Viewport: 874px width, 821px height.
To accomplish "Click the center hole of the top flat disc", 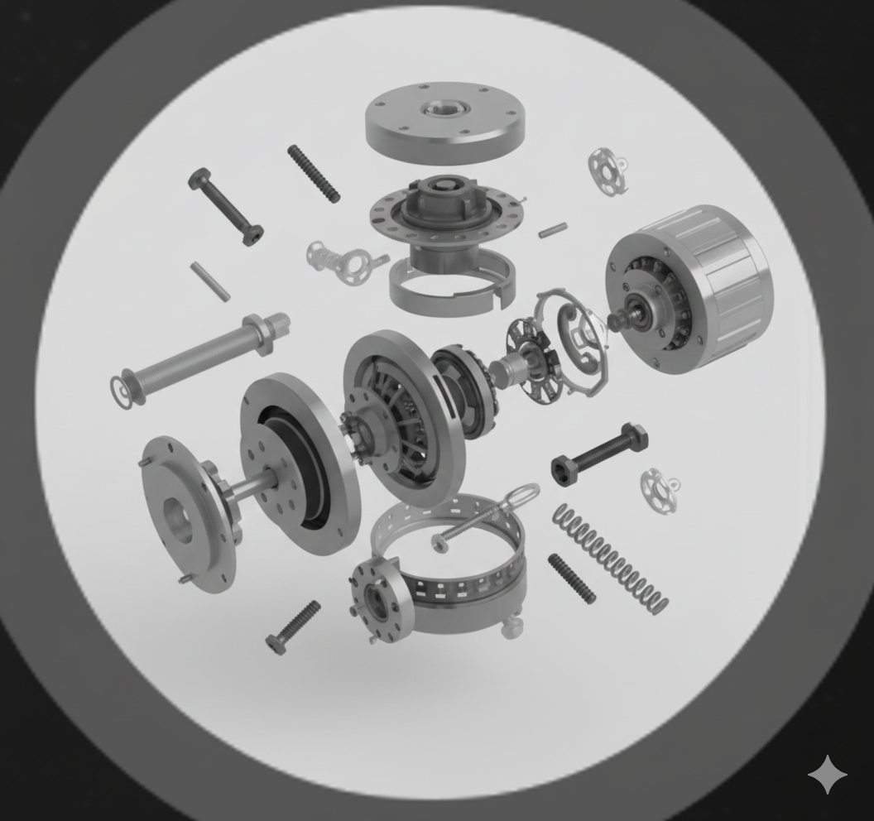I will pos(445,108).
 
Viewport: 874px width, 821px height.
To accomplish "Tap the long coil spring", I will pos(611,559).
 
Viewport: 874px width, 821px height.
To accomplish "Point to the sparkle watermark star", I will pos(827,775).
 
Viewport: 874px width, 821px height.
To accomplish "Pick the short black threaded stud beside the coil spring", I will pos(571,579).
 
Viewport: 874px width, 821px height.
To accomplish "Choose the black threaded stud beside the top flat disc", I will pos(314,174).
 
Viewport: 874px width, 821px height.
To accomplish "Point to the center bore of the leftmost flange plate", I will pos(177,520).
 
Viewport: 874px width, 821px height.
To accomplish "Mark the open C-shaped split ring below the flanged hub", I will pos(451,286).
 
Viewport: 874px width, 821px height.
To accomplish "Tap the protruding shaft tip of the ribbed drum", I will pos(617,321).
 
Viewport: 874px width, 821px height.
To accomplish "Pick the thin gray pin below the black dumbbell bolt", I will pos(210,281).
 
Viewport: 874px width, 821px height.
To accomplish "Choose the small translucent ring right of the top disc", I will pos(607,171).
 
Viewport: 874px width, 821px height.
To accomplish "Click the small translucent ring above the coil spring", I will pos(660,490).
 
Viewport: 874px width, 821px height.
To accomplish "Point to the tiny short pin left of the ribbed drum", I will pos(552,230).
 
